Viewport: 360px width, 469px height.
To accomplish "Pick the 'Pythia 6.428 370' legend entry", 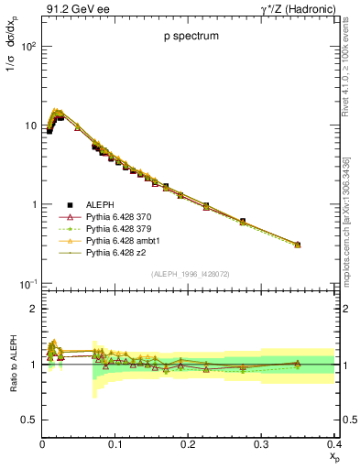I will coord(115,216).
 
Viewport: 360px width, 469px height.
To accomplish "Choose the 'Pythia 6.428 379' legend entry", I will coord(115,228).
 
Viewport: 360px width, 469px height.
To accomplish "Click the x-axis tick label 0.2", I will coord(188,443).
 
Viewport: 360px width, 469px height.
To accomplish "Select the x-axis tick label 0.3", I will coord(261,443).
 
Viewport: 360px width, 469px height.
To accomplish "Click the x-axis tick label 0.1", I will coord(115,443).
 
